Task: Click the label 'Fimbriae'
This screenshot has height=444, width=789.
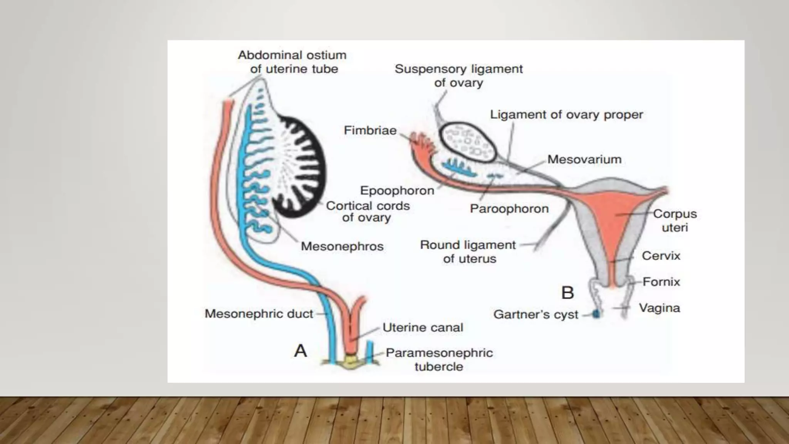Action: [x=370, y=131]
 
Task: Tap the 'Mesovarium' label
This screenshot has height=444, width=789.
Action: [x=584, y=159]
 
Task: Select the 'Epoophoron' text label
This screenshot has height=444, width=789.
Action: [x=397, y=190]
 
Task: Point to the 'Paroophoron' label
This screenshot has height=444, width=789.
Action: [x=509, y=209]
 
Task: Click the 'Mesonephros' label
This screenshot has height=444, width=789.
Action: [x=342, y=246]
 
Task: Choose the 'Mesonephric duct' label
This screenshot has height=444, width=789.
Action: [x=259, y=314]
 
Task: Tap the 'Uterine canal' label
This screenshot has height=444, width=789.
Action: [x=423, y=328]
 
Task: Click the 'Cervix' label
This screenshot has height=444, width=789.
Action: [x=661, y=256]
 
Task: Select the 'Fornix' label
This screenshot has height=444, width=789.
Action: [x=661, y=282]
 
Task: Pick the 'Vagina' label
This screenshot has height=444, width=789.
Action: [x=659, y=308]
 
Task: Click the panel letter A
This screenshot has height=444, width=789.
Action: [x=300, y=351]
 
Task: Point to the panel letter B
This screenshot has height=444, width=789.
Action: [x=567, y=293]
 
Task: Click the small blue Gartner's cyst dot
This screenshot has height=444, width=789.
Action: [x=596, y=314]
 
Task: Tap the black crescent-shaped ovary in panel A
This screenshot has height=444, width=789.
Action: [x=308, y=166]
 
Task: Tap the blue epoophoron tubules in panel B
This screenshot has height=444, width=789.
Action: [x=458, y=167]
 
